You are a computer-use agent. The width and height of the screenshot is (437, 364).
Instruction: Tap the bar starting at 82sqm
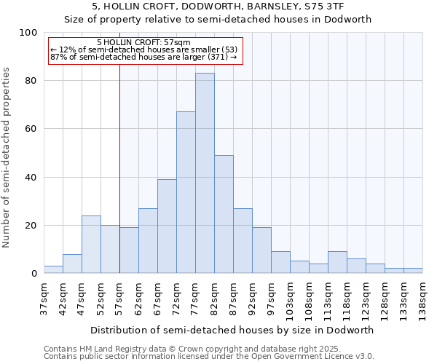click(224, 214)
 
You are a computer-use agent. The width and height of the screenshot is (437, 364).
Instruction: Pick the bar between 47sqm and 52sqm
click(91, 245)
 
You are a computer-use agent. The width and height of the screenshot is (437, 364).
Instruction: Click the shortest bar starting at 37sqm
click(53, 269)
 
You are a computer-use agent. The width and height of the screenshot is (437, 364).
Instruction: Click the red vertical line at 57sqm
click(119, 167)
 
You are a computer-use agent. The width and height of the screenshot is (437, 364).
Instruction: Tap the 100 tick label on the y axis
click(28, 33)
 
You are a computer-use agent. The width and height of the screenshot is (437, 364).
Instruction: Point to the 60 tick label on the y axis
click(31, 129)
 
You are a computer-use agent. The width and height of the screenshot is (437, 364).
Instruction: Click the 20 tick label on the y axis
click(31, 226)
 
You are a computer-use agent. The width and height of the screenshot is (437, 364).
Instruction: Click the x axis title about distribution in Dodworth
click(232, 330)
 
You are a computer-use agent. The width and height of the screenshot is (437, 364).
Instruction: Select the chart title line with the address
click(218, 7)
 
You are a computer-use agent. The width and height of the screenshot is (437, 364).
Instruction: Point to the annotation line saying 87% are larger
click(143, 57)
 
